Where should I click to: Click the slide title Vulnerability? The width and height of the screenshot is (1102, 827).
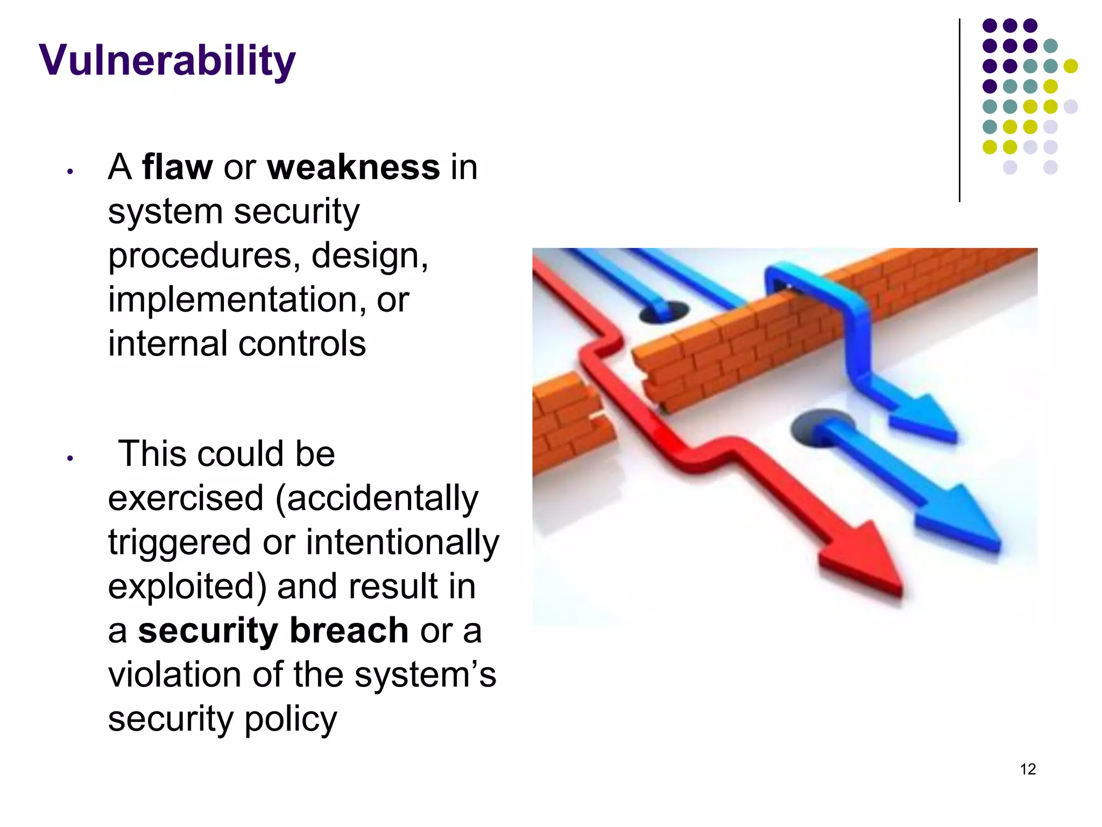pyautogui.click(x=167, y=60)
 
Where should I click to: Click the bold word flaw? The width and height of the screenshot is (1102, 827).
pyautogui.click(x=177, y=167)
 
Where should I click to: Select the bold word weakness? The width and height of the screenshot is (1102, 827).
pyautogui.click(x=354, y=167)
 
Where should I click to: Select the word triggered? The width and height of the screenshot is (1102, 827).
pyautogui.click(x=179, y=542)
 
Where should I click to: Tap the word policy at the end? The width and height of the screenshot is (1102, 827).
pyautogui.click(x=291, y=719)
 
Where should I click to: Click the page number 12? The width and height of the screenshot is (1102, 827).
pyautogui.click(x=1028, y=769)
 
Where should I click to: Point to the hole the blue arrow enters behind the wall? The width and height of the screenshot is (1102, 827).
pyautogui.click(x=665, y=312)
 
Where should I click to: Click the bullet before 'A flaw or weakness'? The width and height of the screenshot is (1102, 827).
pyautogui.click(x=70, y=172)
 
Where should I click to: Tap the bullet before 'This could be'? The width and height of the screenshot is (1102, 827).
pyautogui.click(x=70, y=459)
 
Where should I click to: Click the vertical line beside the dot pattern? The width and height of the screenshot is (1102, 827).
pyautogui.click(x=959, y=110)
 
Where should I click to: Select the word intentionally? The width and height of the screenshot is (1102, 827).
pyautogui.click(x=402, y=542)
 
